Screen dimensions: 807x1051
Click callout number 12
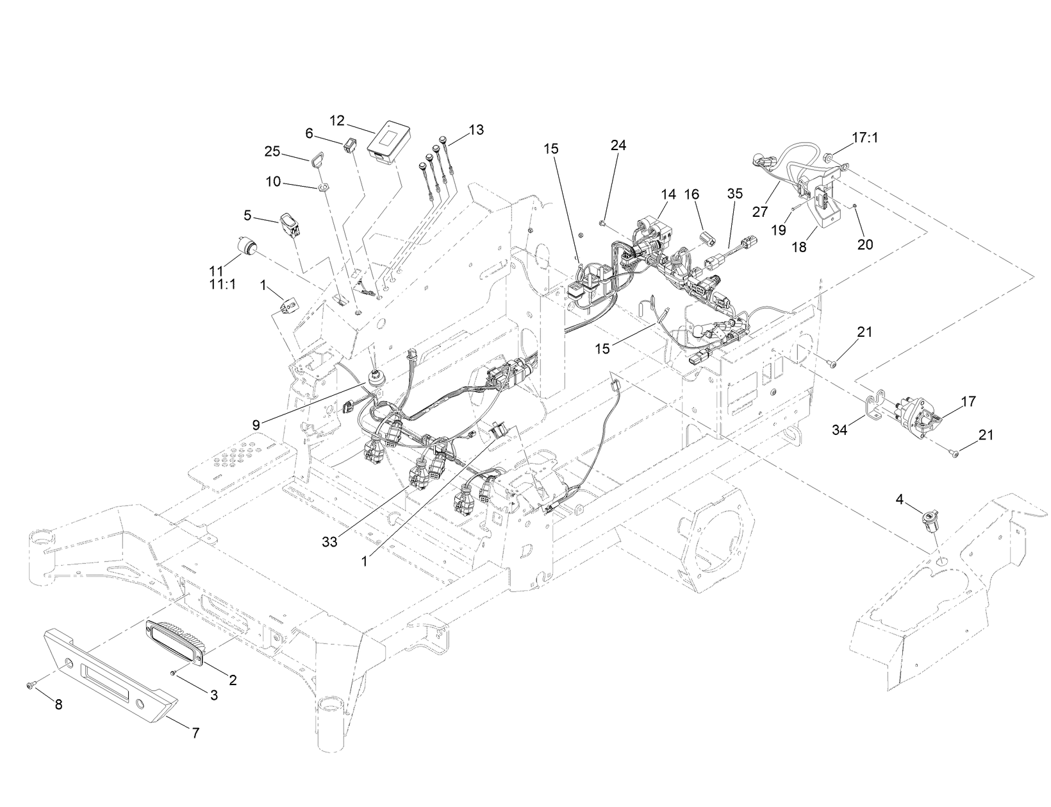338,120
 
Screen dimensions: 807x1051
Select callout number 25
272,151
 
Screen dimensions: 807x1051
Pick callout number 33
329,541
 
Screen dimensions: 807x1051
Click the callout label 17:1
865,137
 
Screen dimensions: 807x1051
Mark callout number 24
618,146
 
